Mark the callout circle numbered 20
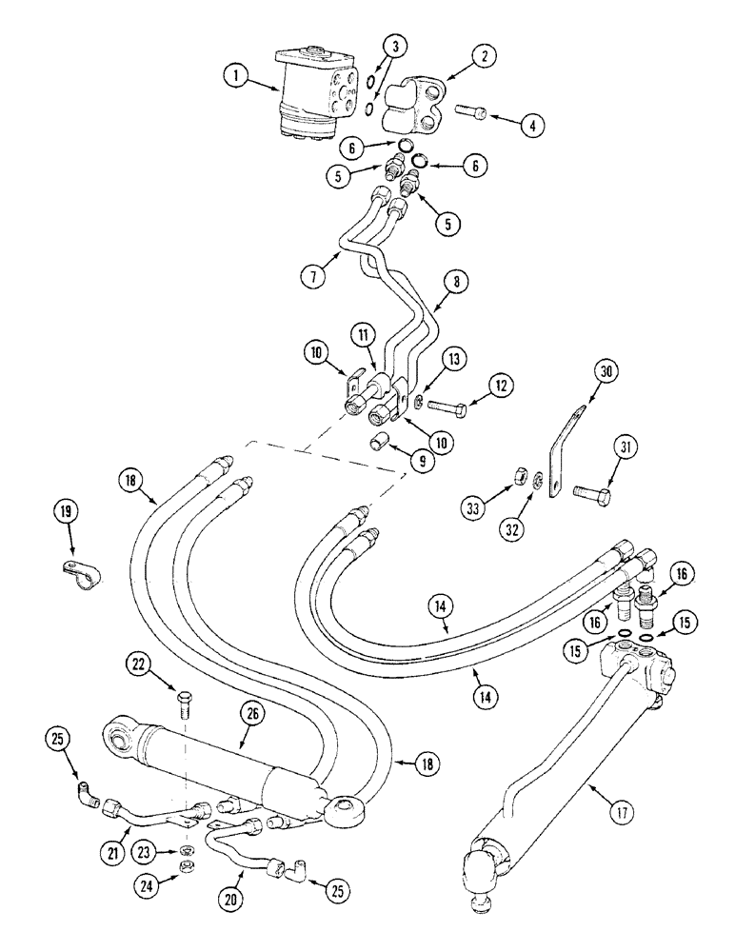point(235,897)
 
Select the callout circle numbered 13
point(454,358)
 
